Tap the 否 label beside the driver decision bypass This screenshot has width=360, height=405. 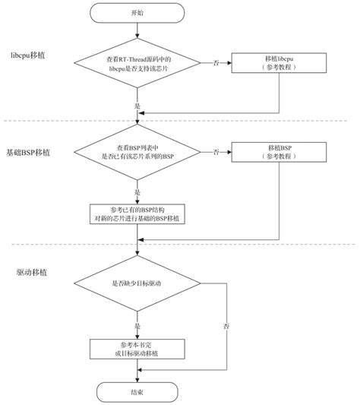(x=226, y=326)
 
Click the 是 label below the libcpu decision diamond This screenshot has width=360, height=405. (x=137, y=106)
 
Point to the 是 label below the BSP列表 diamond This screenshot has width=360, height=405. (x=137, y=193)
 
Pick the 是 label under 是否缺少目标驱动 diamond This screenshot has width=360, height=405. (x=137, y=325)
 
